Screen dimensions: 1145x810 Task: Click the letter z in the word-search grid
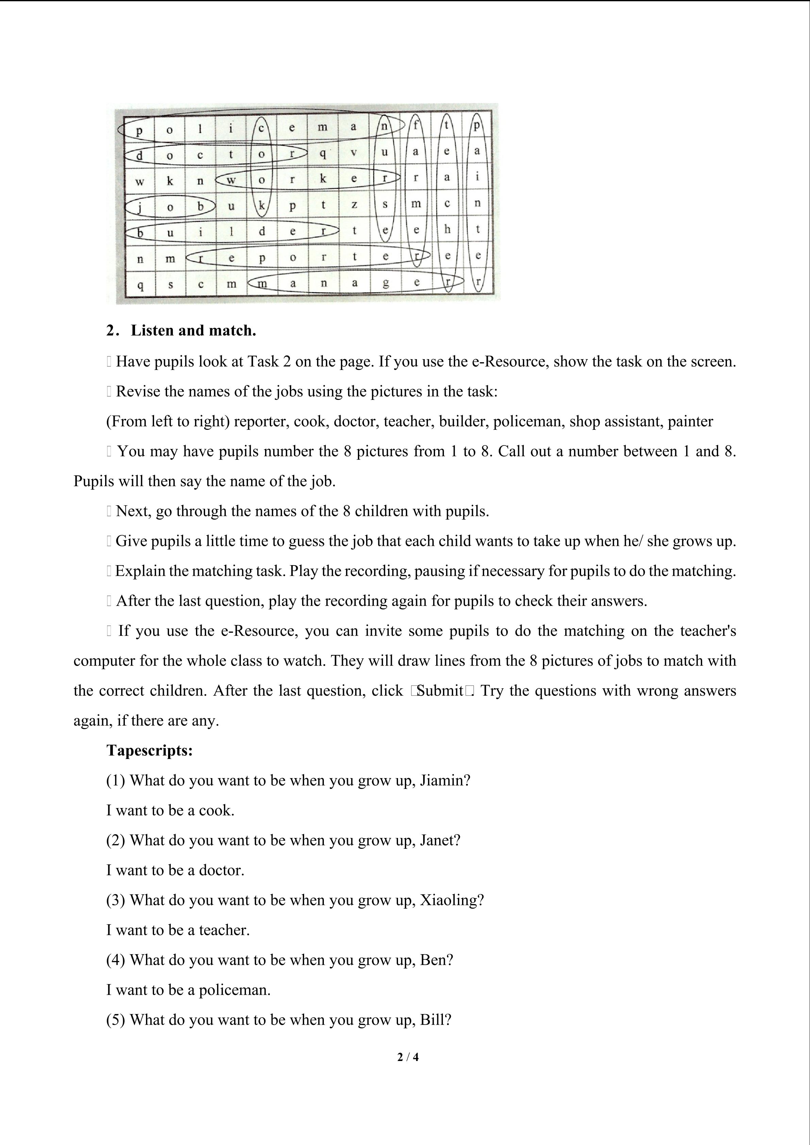pos(354,204)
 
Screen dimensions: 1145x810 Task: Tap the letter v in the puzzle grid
pos(353,152)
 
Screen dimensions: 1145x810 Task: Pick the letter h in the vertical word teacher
pos(447,230)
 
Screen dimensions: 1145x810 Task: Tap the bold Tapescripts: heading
pos(150,751)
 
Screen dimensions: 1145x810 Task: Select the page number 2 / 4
pos(408,1057)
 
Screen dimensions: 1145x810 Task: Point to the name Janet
pos(440,840)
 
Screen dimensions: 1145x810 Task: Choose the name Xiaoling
pos(452,900)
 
